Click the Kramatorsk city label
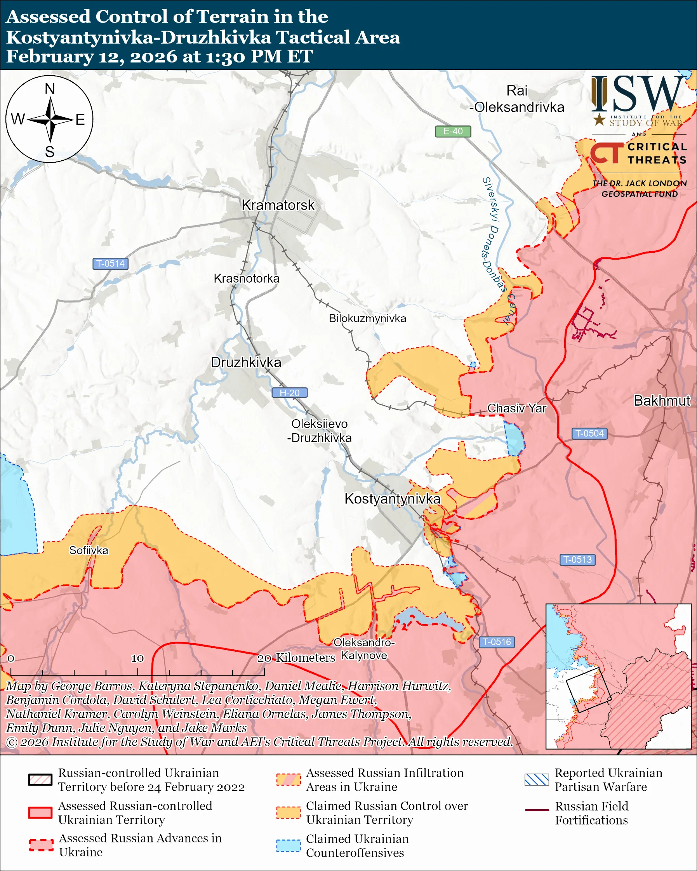(x=278, y=205)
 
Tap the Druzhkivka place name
(x=246, y=363)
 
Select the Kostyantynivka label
(x=392, y=499)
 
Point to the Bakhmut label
(x=662, y=401)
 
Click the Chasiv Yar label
(x=516, y=408)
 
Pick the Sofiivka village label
(x=89, y=551)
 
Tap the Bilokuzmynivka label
(x=367, y=318)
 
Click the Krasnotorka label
(x=247, y=278)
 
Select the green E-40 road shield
(x=452, y=131)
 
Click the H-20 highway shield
(x=289, y=393)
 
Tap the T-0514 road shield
(x=110, y=264)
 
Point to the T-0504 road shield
(x=589, y=434)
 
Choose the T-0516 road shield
(x=497, y=642)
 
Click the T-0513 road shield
(x=577, y=560)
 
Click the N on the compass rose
(x=50, y=89)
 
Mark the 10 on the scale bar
(x=137, y=659)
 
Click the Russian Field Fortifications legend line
(x=537, y=810)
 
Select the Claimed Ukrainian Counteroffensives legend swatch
(x=288, y=845)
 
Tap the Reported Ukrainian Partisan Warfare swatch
(x=537, y=779)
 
